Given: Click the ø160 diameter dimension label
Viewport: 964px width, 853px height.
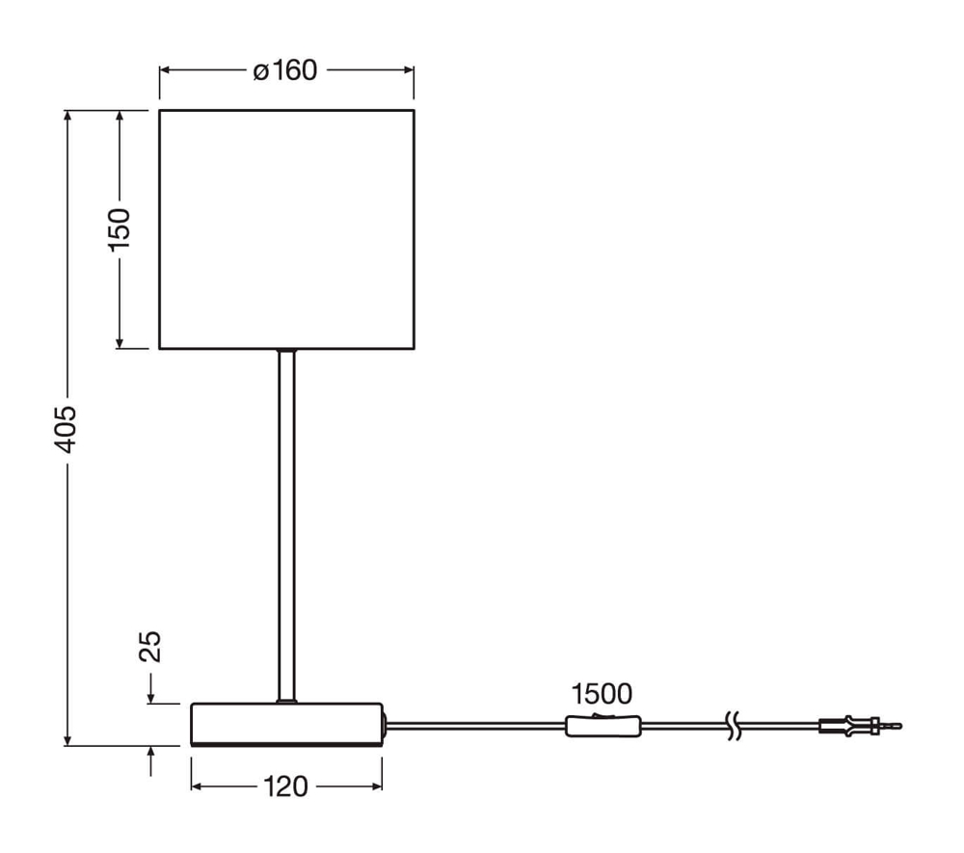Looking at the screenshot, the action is click(285, 70).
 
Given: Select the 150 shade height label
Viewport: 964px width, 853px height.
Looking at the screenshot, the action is click(120, 229).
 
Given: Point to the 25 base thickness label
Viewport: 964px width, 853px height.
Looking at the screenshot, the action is click(150, 647).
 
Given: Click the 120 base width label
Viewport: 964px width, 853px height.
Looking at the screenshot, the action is click(285, 786).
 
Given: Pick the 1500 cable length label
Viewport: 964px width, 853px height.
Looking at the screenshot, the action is click(602, 694).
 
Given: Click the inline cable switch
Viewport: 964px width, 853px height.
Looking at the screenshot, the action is click(603, 726).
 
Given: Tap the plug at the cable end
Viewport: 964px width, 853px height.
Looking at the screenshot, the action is click(861, 726).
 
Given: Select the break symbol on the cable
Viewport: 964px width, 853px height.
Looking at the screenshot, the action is click(734, 726).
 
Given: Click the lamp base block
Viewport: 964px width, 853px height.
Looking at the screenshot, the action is click(286, 725).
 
